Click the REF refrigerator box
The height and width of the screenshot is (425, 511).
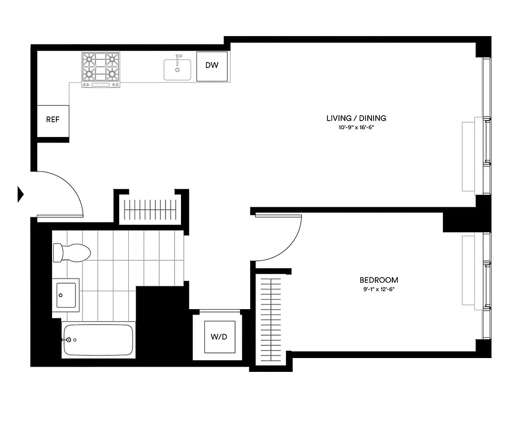tap(52, 120)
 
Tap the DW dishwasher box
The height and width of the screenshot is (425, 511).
tap(212, 66)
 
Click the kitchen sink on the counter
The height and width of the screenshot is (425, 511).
tap(177, 69)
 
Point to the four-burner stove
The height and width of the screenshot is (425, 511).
tap(100, 69)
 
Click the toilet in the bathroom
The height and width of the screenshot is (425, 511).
tap(72, 252)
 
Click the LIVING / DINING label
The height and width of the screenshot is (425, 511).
tap(356, 118)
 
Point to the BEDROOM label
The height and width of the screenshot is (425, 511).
tap(378, 280)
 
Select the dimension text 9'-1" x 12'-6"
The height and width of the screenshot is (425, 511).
tap(378, 290)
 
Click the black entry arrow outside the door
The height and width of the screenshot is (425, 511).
tap(21, 194)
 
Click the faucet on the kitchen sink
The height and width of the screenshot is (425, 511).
tap(179, 57)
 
